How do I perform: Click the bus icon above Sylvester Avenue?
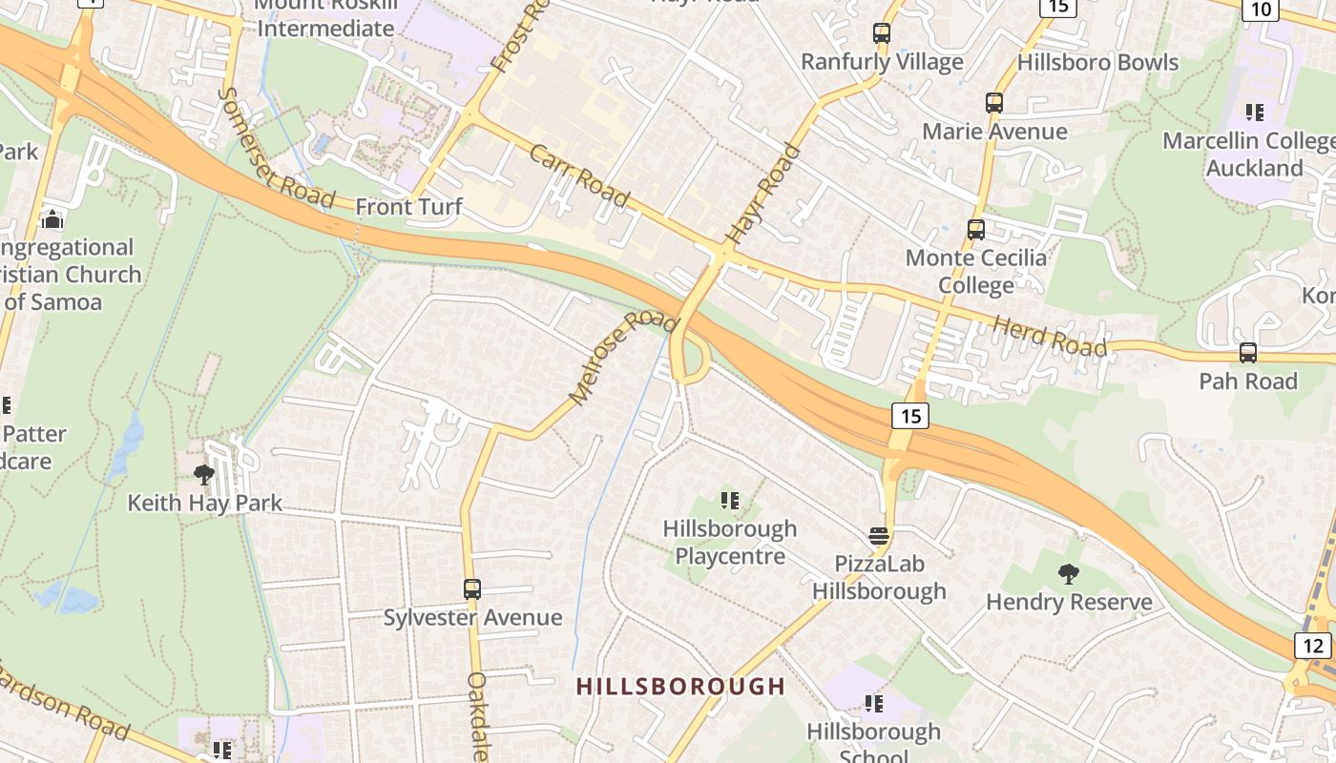point(472,588)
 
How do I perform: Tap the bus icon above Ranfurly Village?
point(882,33)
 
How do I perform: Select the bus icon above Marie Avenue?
point(994,102)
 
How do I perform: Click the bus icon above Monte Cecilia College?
point(976,229)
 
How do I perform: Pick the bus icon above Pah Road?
point(1248,353)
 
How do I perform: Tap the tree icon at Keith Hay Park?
point(203,474)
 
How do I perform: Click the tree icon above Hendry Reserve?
point(1069,573)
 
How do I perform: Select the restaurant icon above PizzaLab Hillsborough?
point(879,535)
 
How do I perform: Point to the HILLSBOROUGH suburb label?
point(680,686)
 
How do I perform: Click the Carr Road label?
point(579,175)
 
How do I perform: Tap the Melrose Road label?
point(622,355)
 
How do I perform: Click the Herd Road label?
point(1051,337)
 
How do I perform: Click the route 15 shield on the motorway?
point(910,415)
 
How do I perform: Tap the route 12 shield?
point(1314,646)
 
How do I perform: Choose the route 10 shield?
point(1261,10)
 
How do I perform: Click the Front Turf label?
point(408,207)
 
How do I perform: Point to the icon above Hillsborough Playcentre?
point(730,500)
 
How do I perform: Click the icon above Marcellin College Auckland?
point(1255,113)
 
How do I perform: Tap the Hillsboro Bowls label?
point(1097,63)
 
